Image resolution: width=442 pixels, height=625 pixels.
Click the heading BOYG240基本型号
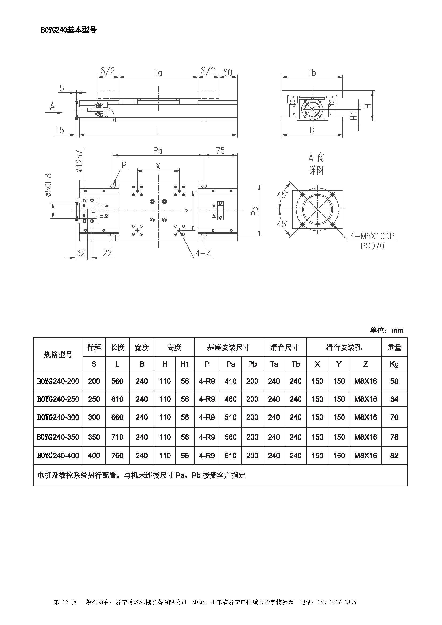[x=69, y=30]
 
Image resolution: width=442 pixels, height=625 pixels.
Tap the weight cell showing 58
[x=394, y=381]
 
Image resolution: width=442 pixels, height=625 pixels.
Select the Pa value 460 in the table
[x=231, y=399]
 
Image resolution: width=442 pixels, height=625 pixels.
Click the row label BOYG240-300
[x=58, y=417]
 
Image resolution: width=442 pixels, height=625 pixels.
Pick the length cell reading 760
[x=117, y=455]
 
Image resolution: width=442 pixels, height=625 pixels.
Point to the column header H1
[x=185, y=364]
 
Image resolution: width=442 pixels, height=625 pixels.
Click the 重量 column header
[x=394, y=347]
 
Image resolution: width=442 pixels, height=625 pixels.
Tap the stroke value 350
[x=94, y=437]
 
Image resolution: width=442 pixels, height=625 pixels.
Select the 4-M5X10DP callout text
[x=372, y=236]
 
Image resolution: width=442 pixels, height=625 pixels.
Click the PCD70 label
[x=372, y=246]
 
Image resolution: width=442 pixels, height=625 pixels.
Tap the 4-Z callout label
[x=203, y=253]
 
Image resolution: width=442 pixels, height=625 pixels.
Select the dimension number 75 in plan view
[x=220, y=151]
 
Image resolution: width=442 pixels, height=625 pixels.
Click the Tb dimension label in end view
[x=312, y=73]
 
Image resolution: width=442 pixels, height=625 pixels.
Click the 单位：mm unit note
[x=386, y=330]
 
